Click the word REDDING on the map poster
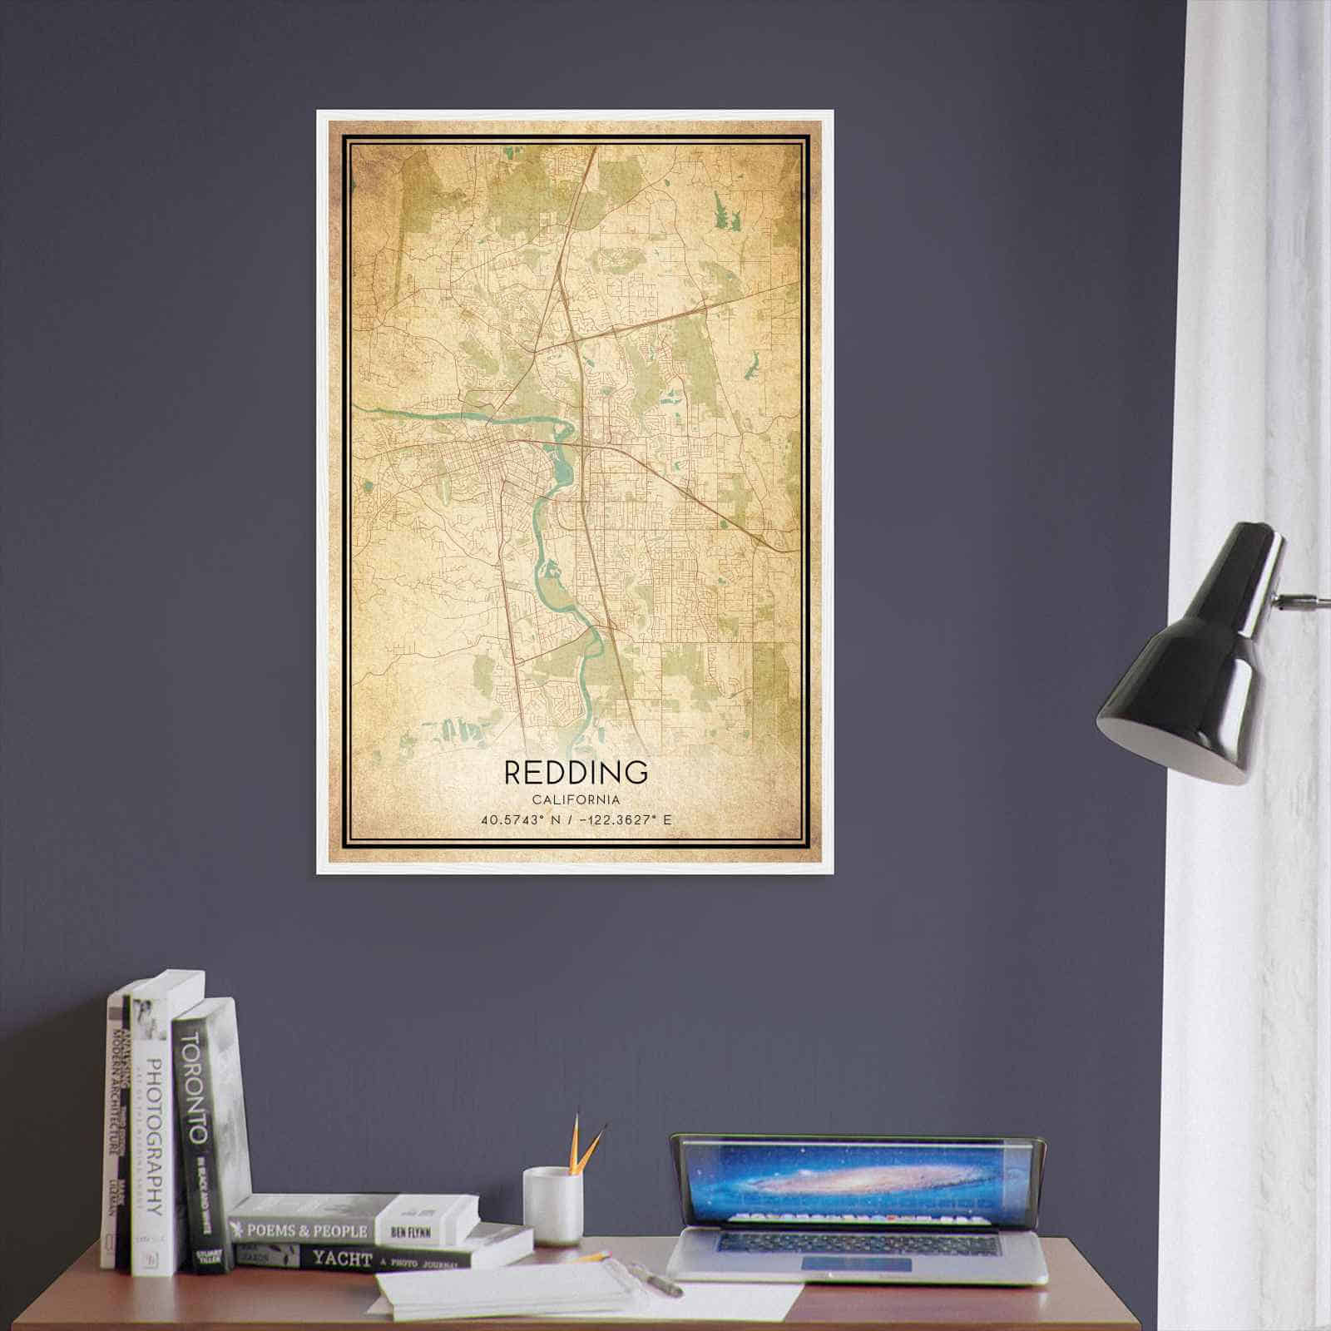(x=576, y=772)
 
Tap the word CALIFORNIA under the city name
(x=576, y=799)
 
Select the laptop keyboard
(x=857, y=1244)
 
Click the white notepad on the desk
(x=507, y=1289)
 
